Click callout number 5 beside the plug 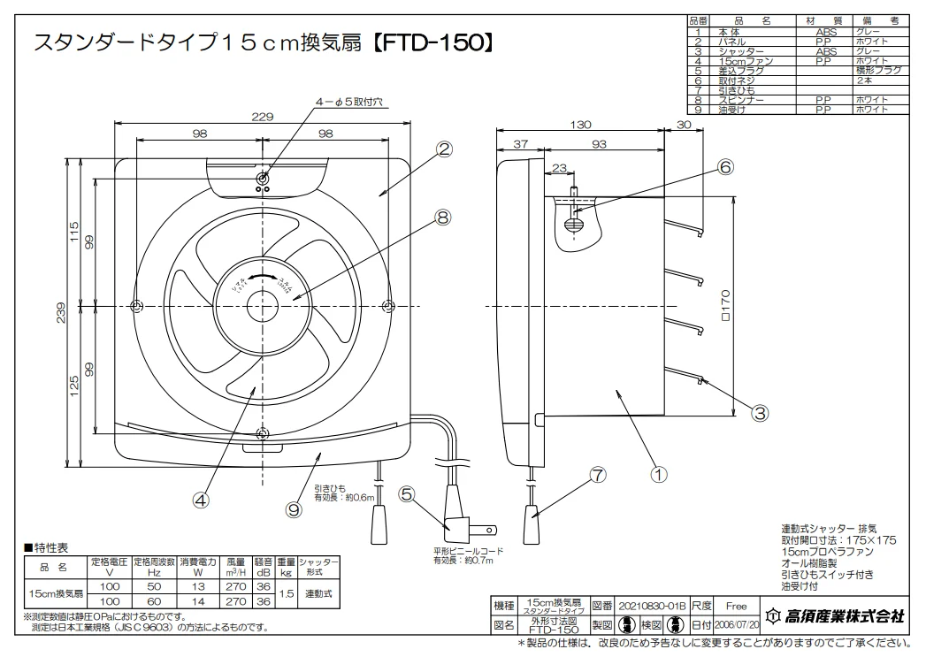click(408, 494)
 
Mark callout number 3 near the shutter click(759, 410)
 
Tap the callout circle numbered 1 click(658, 472)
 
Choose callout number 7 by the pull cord click(598, 475)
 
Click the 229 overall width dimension click(261, 115)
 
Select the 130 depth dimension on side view click(579, 125)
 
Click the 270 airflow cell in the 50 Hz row click(235, 586)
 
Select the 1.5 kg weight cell click(286, 593)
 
